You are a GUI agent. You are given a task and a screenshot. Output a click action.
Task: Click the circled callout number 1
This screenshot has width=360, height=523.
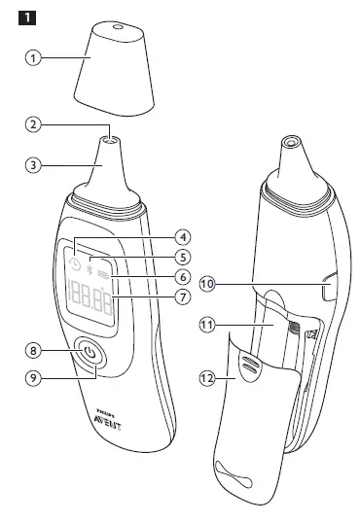[34, 58]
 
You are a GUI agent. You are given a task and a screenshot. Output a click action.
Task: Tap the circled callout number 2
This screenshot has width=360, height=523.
[34, 125]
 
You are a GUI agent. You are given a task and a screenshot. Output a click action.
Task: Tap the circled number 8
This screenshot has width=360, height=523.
[34, 350]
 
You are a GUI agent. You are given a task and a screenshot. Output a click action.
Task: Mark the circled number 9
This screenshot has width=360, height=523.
[34, 380]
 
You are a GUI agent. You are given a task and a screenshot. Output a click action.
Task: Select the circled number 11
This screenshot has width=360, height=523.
[208, 327]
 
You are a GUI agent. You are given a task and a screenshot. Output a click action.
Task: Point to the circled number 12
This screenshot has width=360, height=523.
[208, 382]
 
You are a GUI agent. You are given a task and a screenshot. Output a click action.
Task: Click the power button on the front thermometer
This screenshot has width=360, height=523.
[90, 355]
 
